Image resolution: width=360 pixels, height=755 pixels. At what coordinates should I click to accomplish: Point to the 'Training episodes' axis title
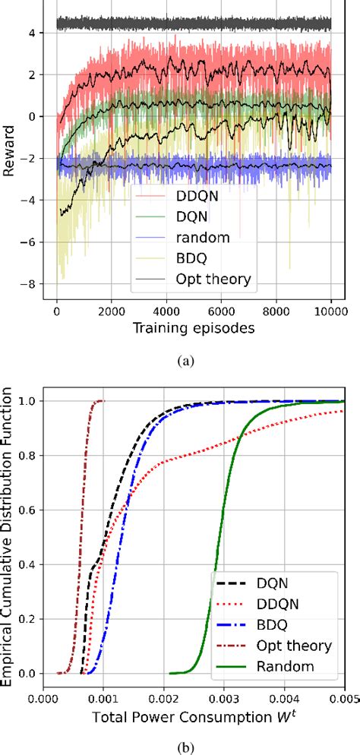click(x=193, y=328)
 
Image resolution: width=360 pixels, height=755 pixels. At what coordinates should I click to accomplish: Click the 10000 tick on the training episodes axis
click(x=331, y=311)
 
